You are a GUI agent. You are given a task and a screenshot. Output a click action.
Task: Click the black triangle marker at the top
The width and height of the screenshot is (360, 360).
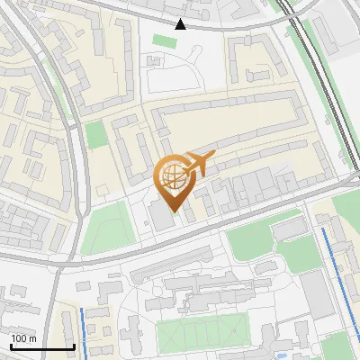pos(181,24)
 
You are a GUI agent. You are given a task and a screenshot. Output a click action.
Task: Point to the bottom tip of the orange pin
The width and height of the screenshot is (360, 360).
pos(171,212)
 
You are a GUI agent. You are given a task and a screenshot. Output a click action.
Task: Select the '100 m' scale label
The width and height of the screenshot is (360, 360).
pos(23,338)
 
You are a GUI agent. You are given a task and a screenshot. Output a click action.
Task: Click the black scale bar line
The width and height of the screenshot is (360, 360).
pos(42,346)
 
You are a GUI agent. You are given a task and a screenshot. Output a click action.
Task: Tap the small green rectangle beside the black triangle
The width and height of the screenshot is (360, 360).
pos(165,41)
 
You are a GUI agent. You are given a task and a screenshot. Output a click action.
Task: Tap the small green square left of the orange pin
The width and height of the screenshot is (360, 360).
pos(95,136)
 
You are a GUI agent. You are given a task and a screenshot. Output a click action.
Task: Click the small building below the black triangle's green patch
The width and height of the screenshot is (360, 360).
pos(156,63)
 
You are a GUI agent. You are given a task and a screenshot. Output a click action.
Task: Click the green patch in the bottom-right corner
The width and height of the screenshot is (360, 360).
pos(337,346)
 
